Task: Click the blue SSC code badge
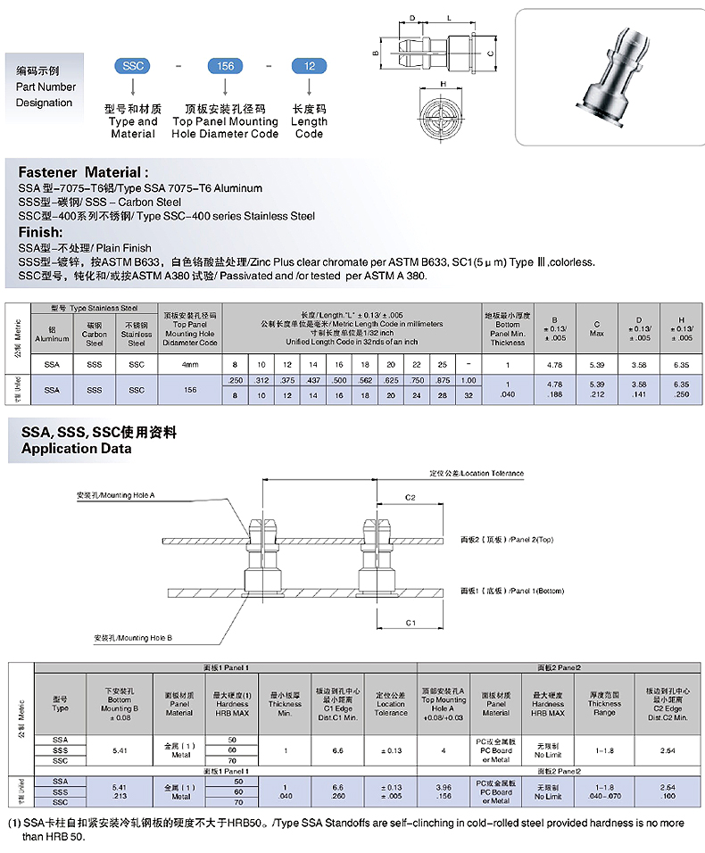132,66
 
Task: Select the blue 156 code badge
226,66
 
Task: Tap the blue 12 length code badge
309,66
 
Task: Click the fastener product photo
612,77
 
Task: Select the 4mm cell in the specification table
190,364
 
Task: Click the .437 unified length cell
312,381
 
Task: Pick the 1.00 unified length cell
469,381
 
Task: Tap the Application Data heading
76,449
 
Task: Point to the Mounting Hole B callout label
133,639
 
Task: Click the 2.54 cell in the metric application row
668,751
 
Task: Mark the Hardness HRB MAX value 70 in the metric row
233,761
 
